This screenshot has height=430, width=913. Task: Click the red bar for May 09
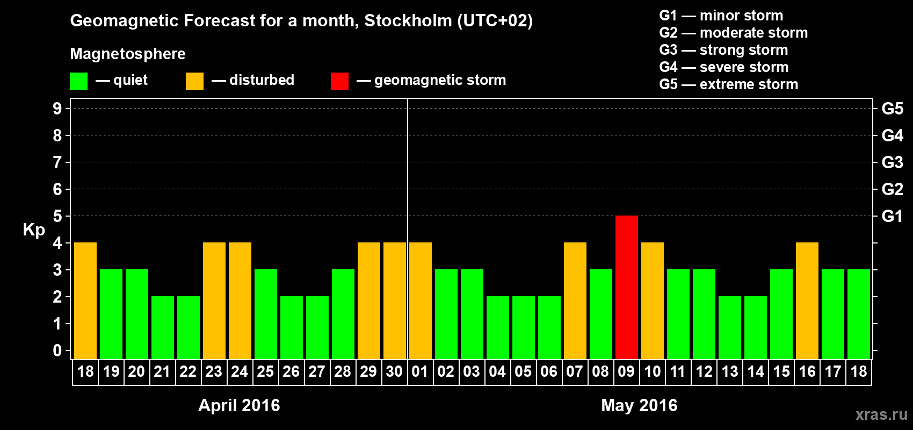click(x=627, y=287)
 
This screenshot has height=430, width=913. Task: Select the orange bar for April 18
click(x=85, y=300)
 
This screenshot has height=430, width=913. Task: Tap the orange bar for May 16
click(x=807, y=300)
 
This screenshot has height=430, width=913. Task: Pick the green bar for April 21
click(x=163, y=327)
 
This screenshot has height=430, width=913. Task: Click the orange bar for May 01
click(x=421, y=300)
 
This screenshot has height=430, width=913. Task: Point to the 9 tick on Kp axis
click(x=57, y=109)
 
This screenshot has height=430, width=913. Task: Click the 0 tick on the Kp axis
click(x=57, y=350)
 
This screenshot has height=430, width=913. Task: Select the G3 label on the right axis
click(x=892, y=162)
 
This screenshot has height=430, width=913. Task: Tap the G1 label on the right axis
click(x=892, y=216)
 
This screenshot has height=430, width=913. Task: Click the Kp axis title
click(x=34, y=230)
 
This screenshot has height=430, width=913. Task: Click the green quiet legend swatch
click(x=79, y=81)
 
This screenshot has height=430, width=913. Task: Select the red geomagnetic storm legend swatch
click(x=339, y=81)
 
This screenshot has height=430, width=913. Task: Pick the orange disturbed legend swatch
click(x=194, y=81)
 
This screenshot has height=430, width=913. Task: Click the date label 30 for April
click(x=394, y=371)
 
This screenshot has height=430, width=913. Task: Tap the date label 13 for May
click(x=730, y=371)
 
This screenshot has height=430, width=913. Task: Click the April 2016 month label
click(x=239, y=405)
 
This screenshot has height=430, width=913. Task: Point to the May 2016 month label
click(x=639, y=405)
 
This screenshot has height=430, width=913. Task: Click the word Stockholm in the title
click(x=408, y=20)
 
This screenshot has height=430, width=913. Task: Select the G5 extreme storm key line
click(x=728, y=84)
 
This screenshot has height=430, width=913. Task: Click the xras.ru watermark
click(x=881, y=414)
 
